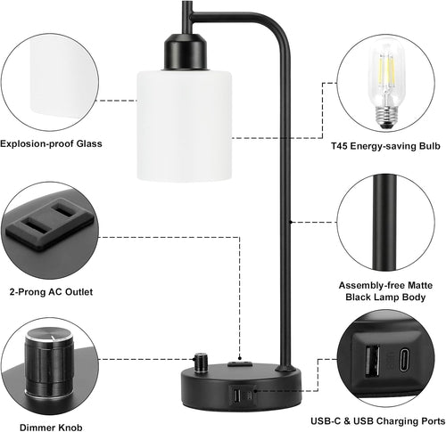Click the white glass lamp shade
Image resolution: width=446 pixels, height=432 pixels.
(185, 125)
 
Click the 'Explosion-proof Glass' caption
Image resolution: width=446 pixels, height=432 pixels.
(51, 143)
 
